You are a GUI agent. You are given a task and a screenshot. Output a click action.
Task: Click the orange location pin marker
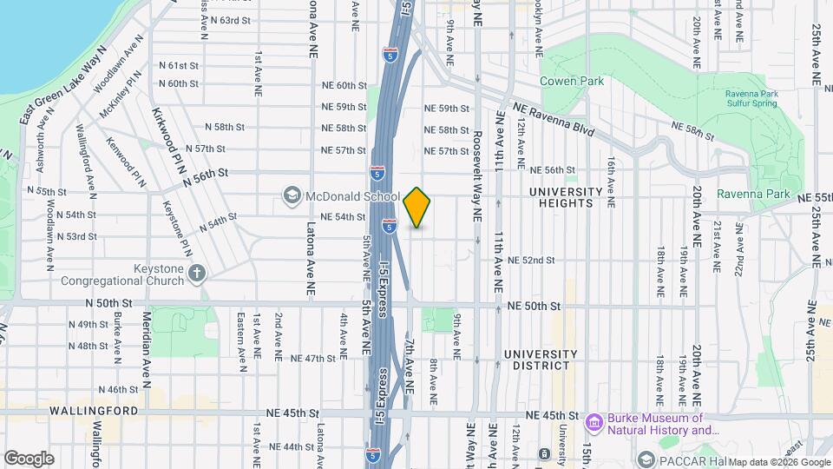point(417,208)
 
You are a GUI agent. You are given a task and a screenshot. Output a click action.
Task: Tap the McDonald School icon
point(292,196)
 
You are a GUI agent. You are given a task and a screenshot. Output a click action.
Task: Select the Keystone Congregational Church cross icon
point(197,274)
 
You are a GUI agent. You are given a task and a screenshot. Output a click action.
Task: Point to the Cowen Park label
point(571,81)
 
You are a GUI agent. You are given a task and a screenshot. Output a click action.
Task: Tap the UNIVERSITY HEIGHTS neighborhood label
point(565,197)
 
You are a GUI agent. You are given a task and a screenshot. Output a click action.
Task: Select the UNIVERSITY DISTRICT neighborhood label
point(540,360)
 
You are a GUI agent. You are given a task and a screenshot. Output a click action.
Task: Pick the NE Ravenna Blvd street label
point(553,120)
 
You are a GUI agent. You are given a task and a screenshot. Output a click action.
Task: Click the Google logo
point(29,458)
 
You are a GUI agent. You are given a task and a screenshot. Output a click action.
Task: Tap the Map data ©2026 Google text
point(779,461)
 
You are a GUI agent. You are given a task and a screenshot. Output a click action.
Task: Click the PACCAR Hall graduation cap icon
point(647,458)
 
